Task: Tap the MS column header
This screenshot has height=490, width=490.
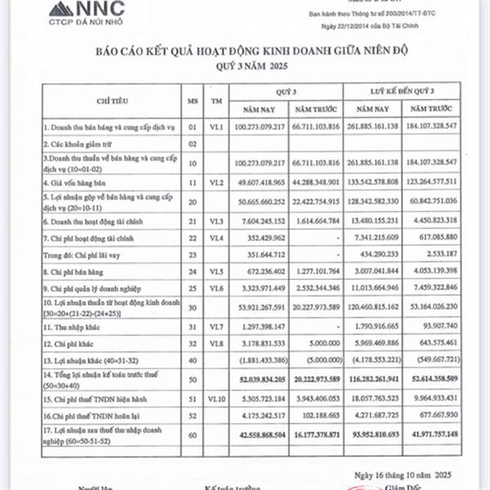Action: coord(193,99)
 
